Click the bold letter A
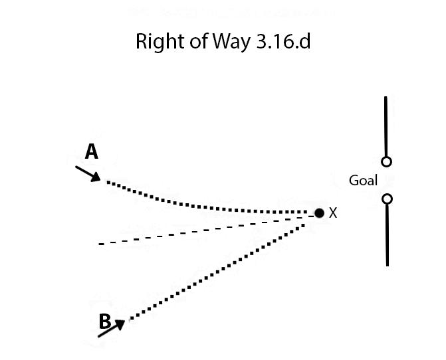point(92,152)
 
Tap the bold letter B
point(104,321)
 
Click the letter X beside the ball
point(334,213)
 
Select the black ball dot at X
point(319,213)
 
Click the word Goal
point(363,181)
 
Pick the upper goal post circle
point(387,161)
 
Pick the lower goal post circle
point(387,199)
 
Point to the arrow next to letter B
point(111,328)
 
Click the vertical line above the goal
point(386,126)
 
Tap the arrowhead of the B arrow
point(121,323)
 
